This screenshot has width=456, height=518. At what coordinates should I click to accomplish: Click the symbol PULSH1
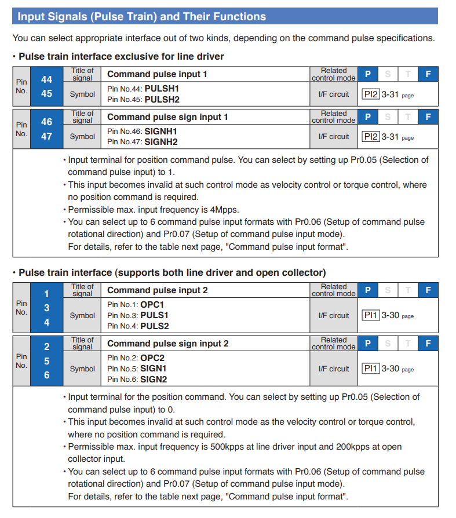click(162, 89)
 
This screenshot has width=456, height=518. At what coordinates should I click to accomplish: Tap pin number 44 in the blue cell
click(46, 79)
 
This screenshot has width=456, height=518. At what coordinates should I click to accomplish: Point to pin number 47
click(46, 136)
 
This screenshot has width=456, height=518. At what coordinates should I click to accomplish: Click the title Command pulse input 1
click(157, 74)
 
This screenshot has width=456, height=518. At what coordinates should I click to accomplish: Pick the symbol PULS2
click(155, 326)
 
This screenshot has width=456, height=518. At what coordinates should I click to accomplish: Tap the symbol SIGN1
click(154, 369)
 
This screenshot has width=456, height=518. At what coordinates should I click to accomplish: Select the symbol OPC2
click(152, 358)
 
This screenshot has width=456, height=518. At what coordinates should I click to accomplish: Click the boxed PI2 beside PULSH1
click(370, 94)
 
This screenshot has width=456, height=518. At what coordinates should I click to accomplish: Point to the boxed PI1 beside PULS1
click(370, 316)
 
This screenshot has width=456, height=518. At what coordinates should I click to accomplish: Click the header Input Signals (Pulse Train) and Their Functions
click(141, 16)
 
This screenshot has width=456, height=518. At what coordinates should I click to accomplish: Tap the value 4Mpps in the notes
click(223, 210)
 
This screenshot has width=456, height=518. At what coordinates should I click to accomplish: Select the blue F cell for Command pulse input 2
click(428, 290)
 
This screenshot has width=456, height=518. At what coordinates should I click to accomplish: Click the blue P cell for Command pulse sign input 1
click(367, 116)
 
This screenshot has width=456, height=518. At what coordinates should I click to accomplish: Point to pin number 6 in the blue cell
click(46, 375)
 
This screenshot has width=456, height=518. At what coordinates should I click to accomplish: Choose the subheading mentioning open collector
click(172, 272)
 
